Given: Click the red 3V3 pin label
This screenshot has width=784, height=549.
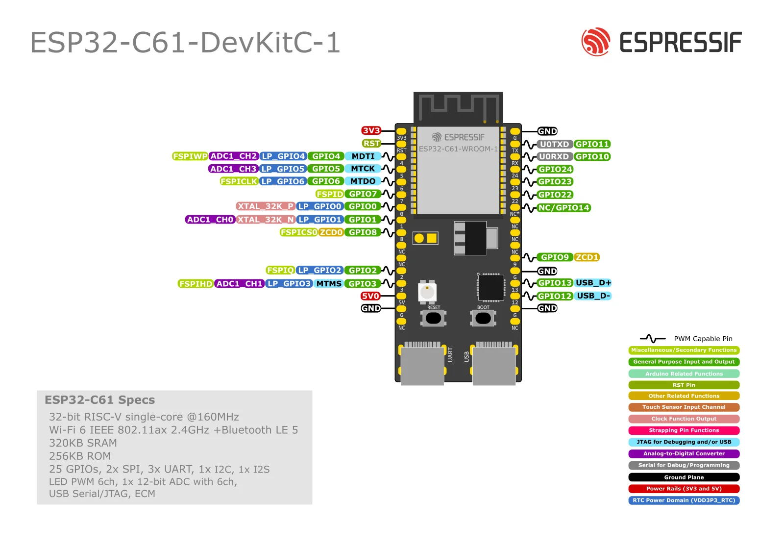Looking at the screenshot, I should point(371,130).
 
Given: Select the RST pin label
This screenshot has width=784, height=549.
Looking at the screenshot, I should point(371,143).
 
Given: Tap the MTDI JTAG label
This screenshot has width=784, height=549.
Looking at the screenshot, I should point(363,156).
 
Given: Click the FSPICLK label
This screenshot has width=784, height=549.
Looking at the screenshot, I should point(239,181).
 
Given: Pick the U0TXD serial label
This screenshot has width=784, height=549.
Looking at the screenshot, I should point(554,144).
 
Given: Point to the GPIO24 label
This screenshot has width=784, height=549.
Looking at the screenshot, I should point(555,169).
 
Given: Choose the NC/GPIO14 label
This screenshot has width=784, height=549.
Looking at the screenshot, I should point(563,208).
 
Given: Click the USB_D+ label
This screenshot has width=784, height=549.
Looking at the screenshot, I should point(593,283).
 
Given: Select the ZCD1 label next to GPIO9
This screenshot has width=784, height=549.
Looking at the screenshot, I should point(587,257).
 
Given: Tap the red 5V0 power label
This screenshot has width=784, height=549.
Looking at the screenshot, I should point(370,296).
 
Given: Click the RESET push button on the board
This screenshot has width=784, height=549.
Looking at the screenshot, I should point(433,318).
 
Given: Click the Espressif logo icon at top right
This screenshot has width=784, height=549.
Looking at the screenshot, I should point(595,42).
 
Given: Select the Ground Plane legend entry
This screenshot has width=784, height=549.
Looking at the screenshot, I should point(684,477).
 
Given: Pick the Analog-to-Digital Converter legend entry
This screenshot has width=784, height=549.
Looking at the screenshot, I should point(684,454).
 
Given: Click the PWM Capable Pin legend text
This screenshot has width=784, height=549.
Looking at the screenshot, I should point(703,339).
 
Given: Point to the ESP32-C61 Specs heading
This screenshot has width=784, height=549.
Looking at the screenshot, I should point(99,400).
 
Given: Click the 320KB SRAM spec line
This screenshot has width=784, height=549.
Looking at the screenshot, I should point(83,443).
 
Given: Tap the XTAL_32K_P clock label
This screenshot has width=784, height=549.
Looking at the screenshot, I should point(265,206).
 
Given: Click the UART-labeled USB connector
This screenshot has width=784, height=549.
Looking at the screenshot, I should point(422,365).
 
